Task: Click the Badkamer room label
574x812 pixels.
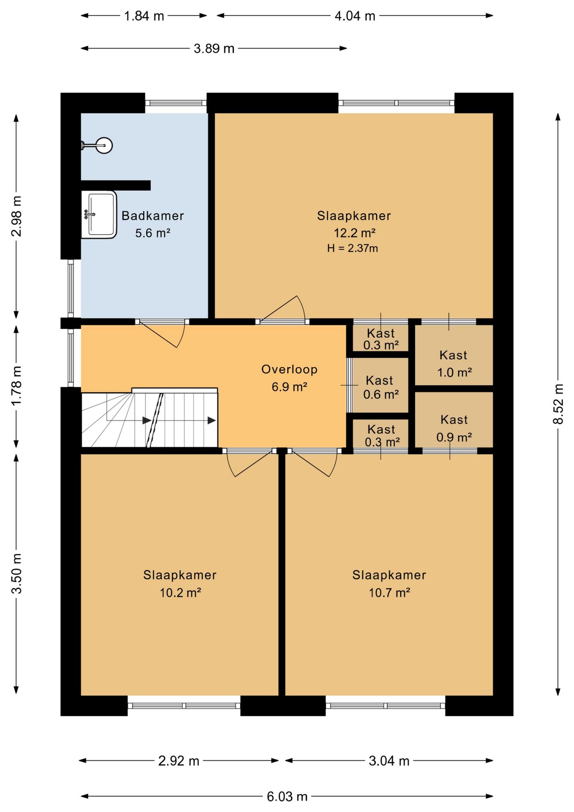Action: pyautogui.click(x=153, y=216)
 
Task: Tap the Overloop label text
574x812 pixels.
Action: pyautogui.click(x=290, y=370)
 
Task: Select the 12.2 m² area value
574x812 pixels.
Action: pyautogui.click(x=355, y=233)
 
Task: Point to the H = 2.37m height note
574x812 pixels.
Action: pyautogui.click(x=353, y=248)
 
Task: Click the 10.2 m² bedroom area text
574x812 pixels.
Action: pyautogui.click(x=180, y=593)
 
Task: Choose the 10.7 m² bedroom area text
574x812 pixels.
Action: pyautogui.click(x=389, y=593)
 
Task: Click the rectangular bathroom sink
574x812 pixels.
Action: pyautogui.click(x=99, y=214)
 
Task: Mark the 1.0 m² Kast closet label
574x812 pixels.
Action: pyautogui.click(x=454, y=364)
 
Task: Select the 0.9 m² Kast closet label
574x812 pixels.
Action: pyautogui.click(x=454, y=428)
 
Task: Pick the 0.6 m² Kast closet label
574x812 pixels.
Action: pyautogui.click(x=380, y=387)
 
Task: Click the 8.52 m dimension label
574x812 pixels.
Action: pyautogui.click(x=558, y=403)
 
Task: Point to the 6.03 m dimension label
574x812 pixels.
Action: pyautogui.click(x=287, y=797)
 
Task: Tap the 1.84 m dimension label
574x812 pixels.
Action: pyautogui.click(x=144, y=16)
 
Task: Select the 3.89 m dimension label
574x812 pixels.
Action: pyautogui.click(x=214, y=49)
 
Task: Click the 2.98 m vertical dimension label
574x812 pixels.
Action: pyautogui.click(x=16, y=216)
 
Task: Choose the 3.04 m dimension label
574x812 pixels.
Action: pyautogui.click(x=389, y=761)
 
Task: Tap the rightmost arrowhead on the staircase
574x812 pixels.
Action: pyautogui.click(x=212, y=420)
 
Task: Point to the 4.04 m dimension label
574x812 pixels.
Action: pyautogui.click(x=355, y=16)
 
